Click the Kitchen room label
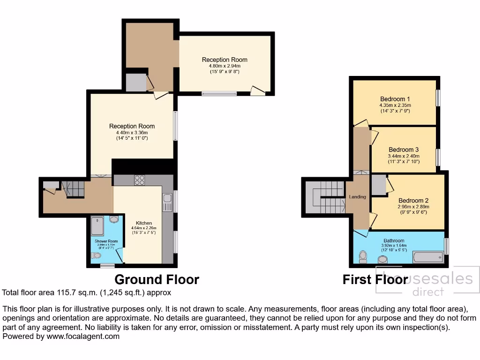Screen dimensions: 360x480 click(143, 223)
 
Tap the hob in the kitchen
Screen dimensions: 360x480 click(139, 180)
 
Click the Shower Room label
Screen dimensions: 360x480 click(106, 240)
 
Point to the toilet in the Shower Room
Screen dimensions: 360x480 click(97, 255)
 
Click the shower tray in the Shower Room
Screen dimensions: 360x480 click(99, 226)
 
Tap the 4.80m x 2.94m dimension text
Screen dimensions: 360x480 click(225, 66)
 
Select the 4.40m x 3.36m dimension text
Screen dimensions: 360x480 click(132, 133)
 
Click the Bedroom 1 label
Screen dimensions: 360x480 click(395, 99)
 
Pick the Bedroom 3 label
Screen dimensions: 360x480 click(404, 150)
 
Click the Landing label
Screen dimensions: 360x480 click(357, 197)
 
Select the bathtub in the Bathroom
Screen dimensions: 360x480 click(427, 257)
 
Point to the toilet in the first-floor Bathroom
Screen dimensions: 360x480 click(363, 257)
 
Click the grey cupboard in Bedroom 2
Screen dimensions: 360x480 click(378, 185)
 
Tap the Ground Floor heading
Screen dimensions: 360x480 click(157, 280)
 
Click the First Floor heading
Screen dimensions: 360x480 click(375, 280)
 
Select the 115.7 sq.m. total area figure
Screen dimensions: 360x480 click(66, 292)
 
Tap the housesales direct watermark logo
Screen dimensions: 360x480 click(427, 283)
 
